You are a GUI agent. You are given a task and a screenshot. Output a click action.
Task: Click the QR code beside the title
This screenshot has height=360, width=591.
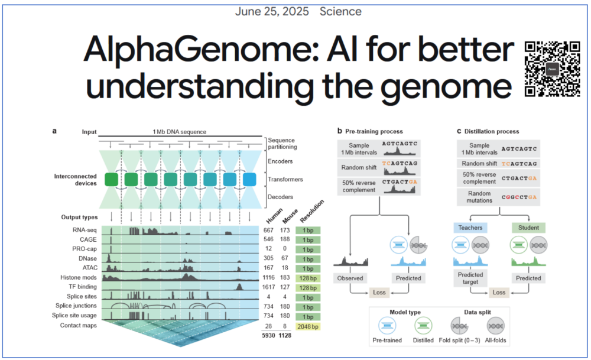[552, 69]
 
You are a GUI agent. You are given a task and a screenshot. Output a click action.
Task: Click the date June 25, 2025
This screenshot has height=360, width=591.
[271, 11]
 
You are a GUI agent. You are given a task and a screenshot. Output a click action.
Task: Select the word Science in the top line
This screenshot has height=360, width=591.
[341, 11]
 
